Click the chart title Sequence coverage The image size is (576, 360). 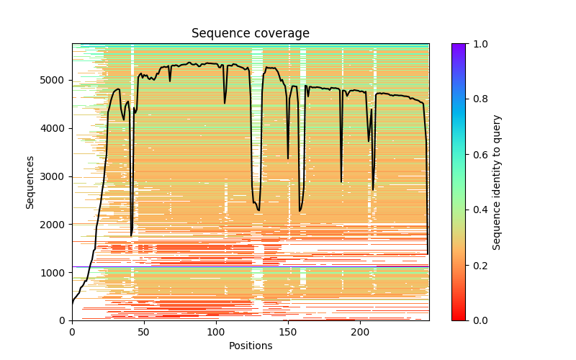coord(251,34)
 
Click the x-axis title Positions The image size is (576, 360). coord(251,346)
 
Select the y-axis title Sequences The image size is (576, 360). coord(30,182)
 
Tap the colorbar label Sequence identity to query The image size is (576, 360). coord(497,182)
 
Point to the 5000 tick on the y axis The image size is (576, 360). coord(56,80)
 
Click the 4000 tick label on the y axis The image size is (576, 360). coord(56,128)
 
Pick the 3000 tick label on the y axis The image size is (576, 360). coord(56,176)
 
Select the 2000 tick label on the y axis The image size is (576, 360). coord(56,225)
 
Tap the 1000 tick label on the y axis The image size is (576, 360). coord(56,273)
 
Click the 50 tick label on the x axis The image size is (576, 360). coord(144,331)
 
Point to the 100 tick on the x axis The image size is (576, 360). coord(216,331)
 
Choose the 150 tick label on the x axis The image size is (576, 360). coord(288,331)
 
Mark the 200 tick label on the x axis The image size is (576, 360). coord(360,331)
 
